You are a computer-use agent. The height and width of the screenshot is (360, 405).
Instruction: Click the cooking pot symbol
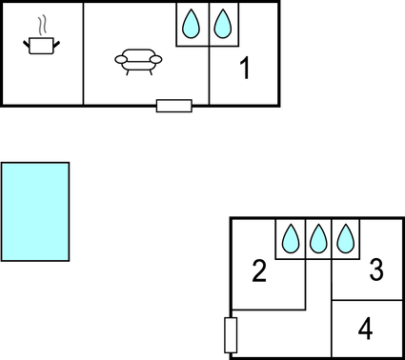click(x=40, y=45)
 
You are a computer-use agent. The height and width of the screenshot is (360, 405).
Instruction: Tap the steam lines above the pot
click(x=41, y=24)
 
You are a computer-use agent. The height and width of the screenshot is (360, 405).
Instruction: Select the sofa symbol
click(x=137, y=60)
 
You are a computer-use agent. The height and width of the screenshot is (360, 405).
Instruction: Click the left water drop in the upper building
click(x=192, y=24)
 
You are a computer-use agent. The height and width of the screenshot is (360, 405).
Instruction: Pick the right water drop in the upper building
click(x=222, y=24)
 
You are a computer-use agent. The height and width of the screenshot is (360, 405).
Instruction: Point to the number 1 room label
click(x=245, y=69)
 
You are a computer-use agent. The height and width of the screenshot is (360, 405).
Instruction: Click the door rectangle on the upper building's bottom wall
click(x=173, y=105)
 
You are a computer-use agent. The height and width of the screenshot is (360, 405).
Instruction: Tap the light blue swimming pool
click(x=35, y=211)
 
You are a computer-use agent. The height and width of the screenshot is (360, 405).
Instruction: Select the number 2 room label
click(x=258, y=272)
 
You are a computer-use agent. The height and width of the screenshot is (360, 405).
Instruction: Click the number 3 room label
click(x=375, y=270)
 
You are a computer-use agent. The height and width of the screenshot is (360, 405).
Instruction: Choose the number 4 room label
click(x=365, y=330)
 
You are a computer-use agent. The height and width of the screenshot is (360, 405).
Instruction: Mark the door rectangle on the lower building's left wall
click(x=230, y=335)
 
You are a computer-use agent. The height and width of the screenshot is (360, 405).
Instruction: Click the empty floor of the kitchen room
click(x=43, y=81)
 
